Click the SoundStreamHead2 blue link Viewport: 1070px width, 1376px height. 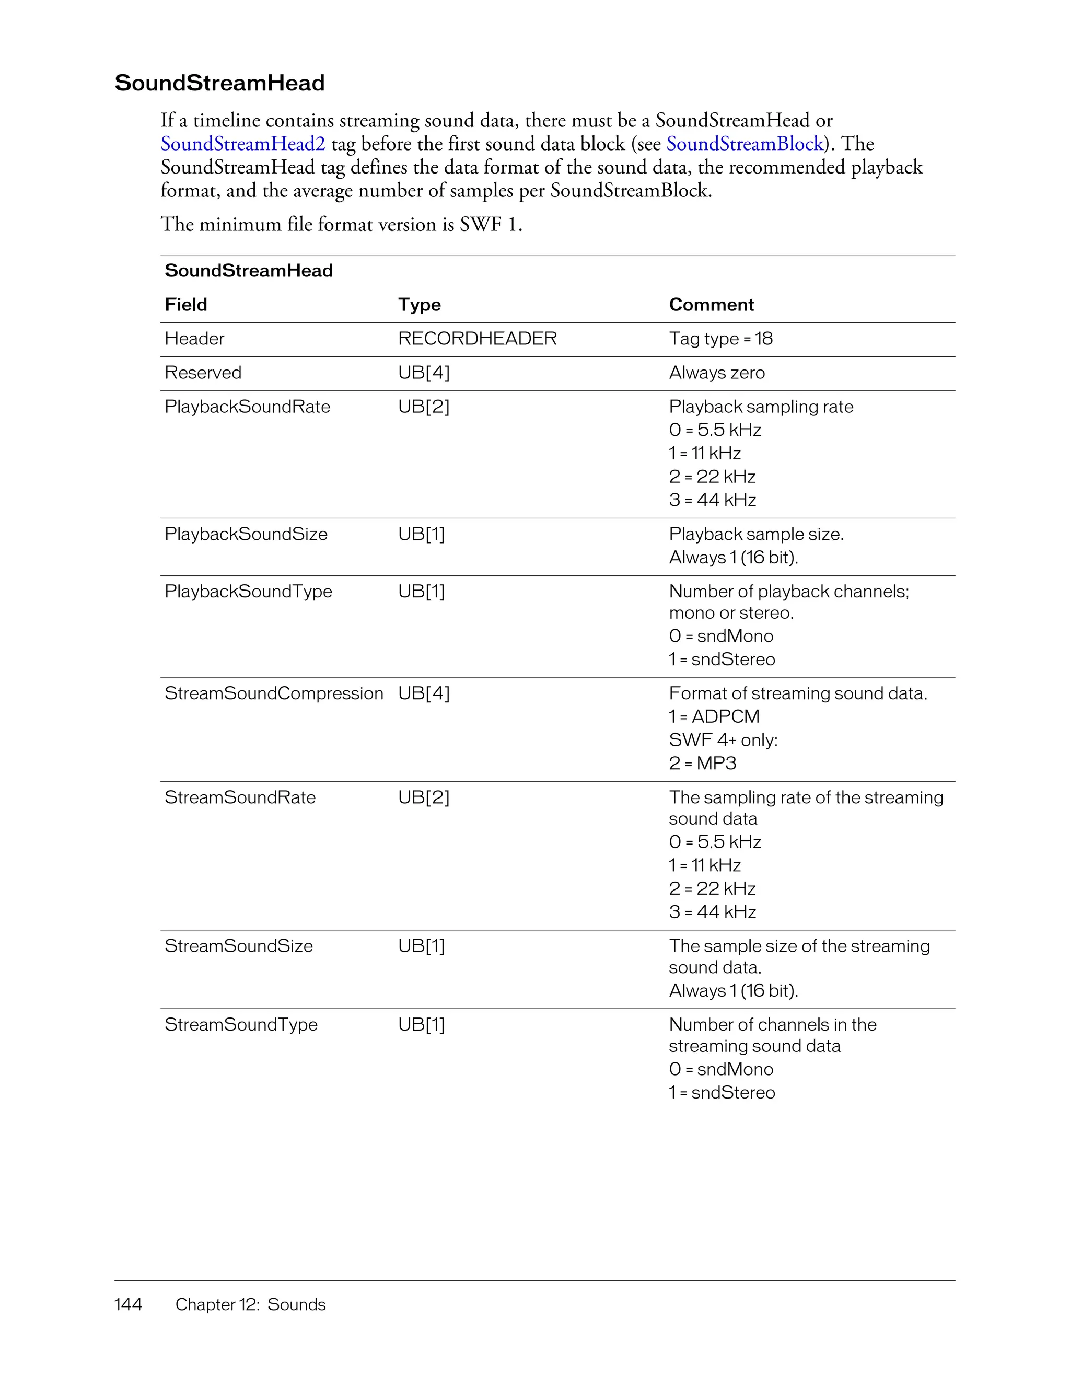pyautogui.click(x=242, y=144)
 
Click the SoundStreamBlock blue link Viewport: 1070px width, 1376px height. pyautogui.click(x=745, y=144)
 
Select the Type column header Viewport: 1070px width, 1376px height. pyautogui.click(x=419, y=305)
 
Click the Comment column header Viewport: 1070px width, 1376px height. pyautogui.click(x=711, y=305)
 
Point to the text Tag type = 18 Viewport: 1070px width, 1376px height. pyautogui.click(x=720, y=339)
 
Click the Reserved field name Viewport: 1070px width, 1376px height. pyautogui.click(x=203, y=373)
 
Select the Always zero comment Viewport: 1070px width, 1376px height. pyautogui.click(x=716, y=373)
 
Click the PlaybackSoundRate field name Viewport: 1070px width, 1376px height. pyautogui.click(x=247, y=407)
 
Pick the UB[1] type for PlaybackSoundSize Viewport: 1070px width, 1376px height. pyautogui.click(x=421, y=534)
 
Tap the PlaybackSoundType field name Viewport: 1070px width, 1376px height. pyautogui.click(x=248, y=592)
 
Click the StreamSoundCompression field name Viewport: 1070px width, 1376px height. pyautogui.click(x=273, y=693)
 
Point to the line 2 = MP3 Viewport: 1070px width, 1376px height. pyautogui.click(x=702, y=764)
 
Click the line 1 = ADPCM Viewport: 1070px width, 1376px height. pyautogui.click(x=714, y=717)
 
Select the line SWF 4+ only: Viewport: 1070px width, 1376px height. pyautogui.click(x=723, y=741)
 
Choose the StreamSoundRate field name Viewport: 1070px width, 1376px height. pyautogui.click(x=239, y=797)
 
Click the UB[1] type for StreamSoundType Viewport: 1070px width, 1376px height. pyautogui.click(x=421, y=1025)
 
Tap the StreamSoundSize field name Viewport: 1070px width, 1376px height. pyautogui.click(x=238, y=946)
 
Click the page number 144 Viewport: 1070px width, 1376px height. pyautogui.click(x=128, y=1305)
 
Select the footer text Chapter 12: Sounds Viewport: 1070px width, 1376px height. pyautogui.click(x=250, y=1305)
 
